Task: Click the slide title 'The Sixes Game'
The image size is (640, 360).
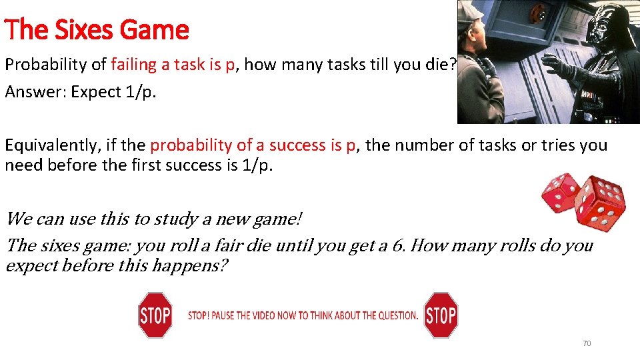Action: [97, 30]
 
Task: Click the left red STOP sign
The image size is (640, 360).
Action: [155, 315]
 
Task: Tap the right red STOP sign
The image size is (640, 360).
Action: [441, 315]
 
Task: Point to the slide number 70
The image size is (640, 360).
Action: [587, 343]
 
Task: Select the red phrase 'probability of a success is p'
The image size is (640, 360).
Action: [253, 145]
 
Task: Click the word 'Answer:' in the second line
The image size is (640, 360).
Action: [30, 92]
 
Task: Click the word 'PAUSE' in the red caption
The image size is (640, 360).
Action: [227, 315]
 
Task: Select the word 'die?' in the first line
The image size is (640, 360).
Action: [443, 65]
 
